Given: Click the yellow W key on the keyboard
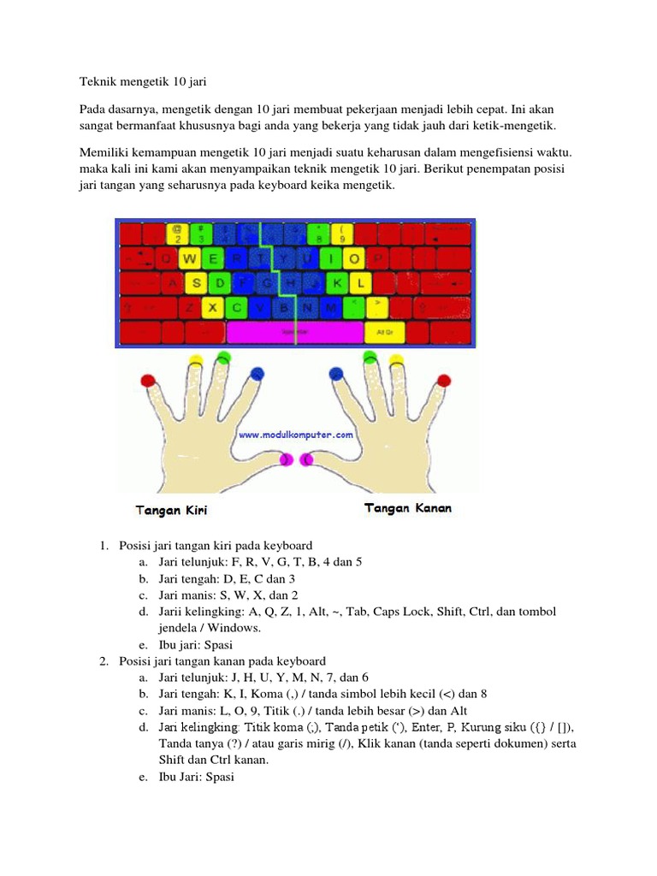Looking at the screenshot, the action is point(191,257).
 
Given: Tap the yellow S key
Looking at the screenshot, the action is point(198,281).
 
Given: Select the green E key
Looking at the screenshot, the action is point(214,257).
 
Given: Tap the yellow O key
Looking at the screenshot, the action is point(354,257).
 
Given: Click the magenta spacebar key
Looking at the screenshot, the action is point(295,330).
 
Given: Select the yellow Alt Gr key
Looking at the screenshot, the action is point(378,330).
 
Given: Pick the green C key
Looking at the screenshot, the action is point(235,305).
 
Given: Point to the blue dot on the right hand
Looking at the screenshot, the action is point(335,374).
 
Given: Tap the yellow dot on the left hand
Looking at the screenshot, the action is point(196,360).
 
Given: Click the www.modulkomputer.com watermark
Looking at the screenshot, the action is point(295,435).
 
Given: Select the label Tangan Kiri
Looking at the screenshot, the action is point(171,511).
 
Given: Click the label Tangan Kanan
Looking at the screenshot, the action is point(408,509).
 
